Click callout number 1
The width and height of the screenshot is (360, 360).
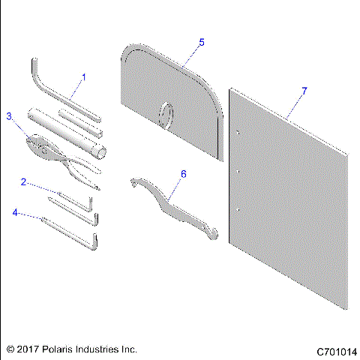(x=84, y=76)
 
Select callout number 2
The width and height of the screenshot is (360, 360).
(x=24, y=181)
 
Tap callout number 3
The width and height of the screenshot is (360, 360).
(x=9, y=116)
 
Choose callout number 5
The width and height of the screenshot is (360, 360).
(x=201, y=43)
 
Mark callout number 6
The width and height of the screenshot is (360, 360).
(x=182, y=173)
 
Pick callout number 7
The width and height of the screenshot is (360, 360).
(x=304, y=91)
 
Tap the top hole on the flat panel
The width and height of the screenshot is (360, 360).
(x=237, y=133)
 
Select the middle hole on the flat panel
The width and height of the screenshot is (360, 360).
(x=237, y=171)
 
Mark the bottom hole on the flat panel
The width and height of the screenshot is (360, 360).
(x=237, y=208)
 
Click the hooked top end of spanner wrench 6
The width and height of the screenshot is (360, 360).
(x=134, y=182)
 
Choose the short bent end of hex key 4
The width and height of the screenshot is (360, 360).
(x=96, y=244)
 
